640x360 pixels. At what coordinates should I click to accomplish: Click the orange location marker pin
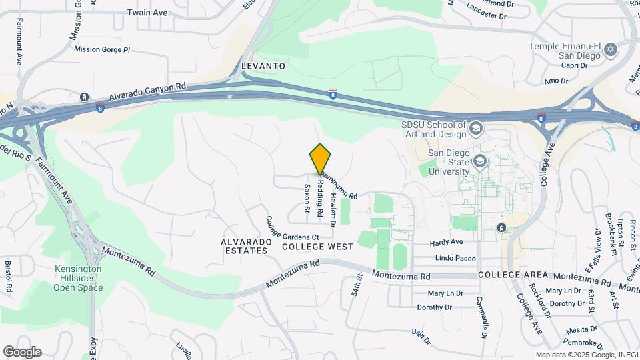(321, 159)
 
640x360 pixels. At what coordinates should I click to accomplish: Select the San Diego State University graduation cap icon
(479, 161)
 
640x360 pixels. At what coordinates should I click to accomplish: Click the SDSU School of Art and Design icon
(477, 127)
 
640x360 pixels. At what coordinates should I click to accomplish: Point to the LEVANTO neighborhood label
(264, 66)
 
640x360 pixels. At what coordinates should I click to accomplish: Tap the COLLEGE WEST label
(317, 247)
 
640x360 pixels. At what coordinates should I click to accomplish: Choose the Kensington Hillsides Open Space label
(78, 278)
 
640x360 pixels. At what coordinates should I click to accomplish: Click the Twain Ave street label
(147, 12)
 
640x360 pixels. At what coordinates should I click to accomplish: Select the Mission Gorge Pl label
(102, 49)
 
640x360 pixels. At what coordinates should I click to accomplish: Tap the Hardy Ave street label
(446, 242)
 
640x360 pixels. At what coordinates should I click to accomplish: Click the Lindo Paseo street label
(453, 258)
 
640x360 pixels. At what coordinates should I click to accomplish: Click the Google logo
(22, 352)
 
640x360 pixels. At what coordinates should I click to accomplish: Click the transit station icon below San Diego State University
(501, 228)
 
